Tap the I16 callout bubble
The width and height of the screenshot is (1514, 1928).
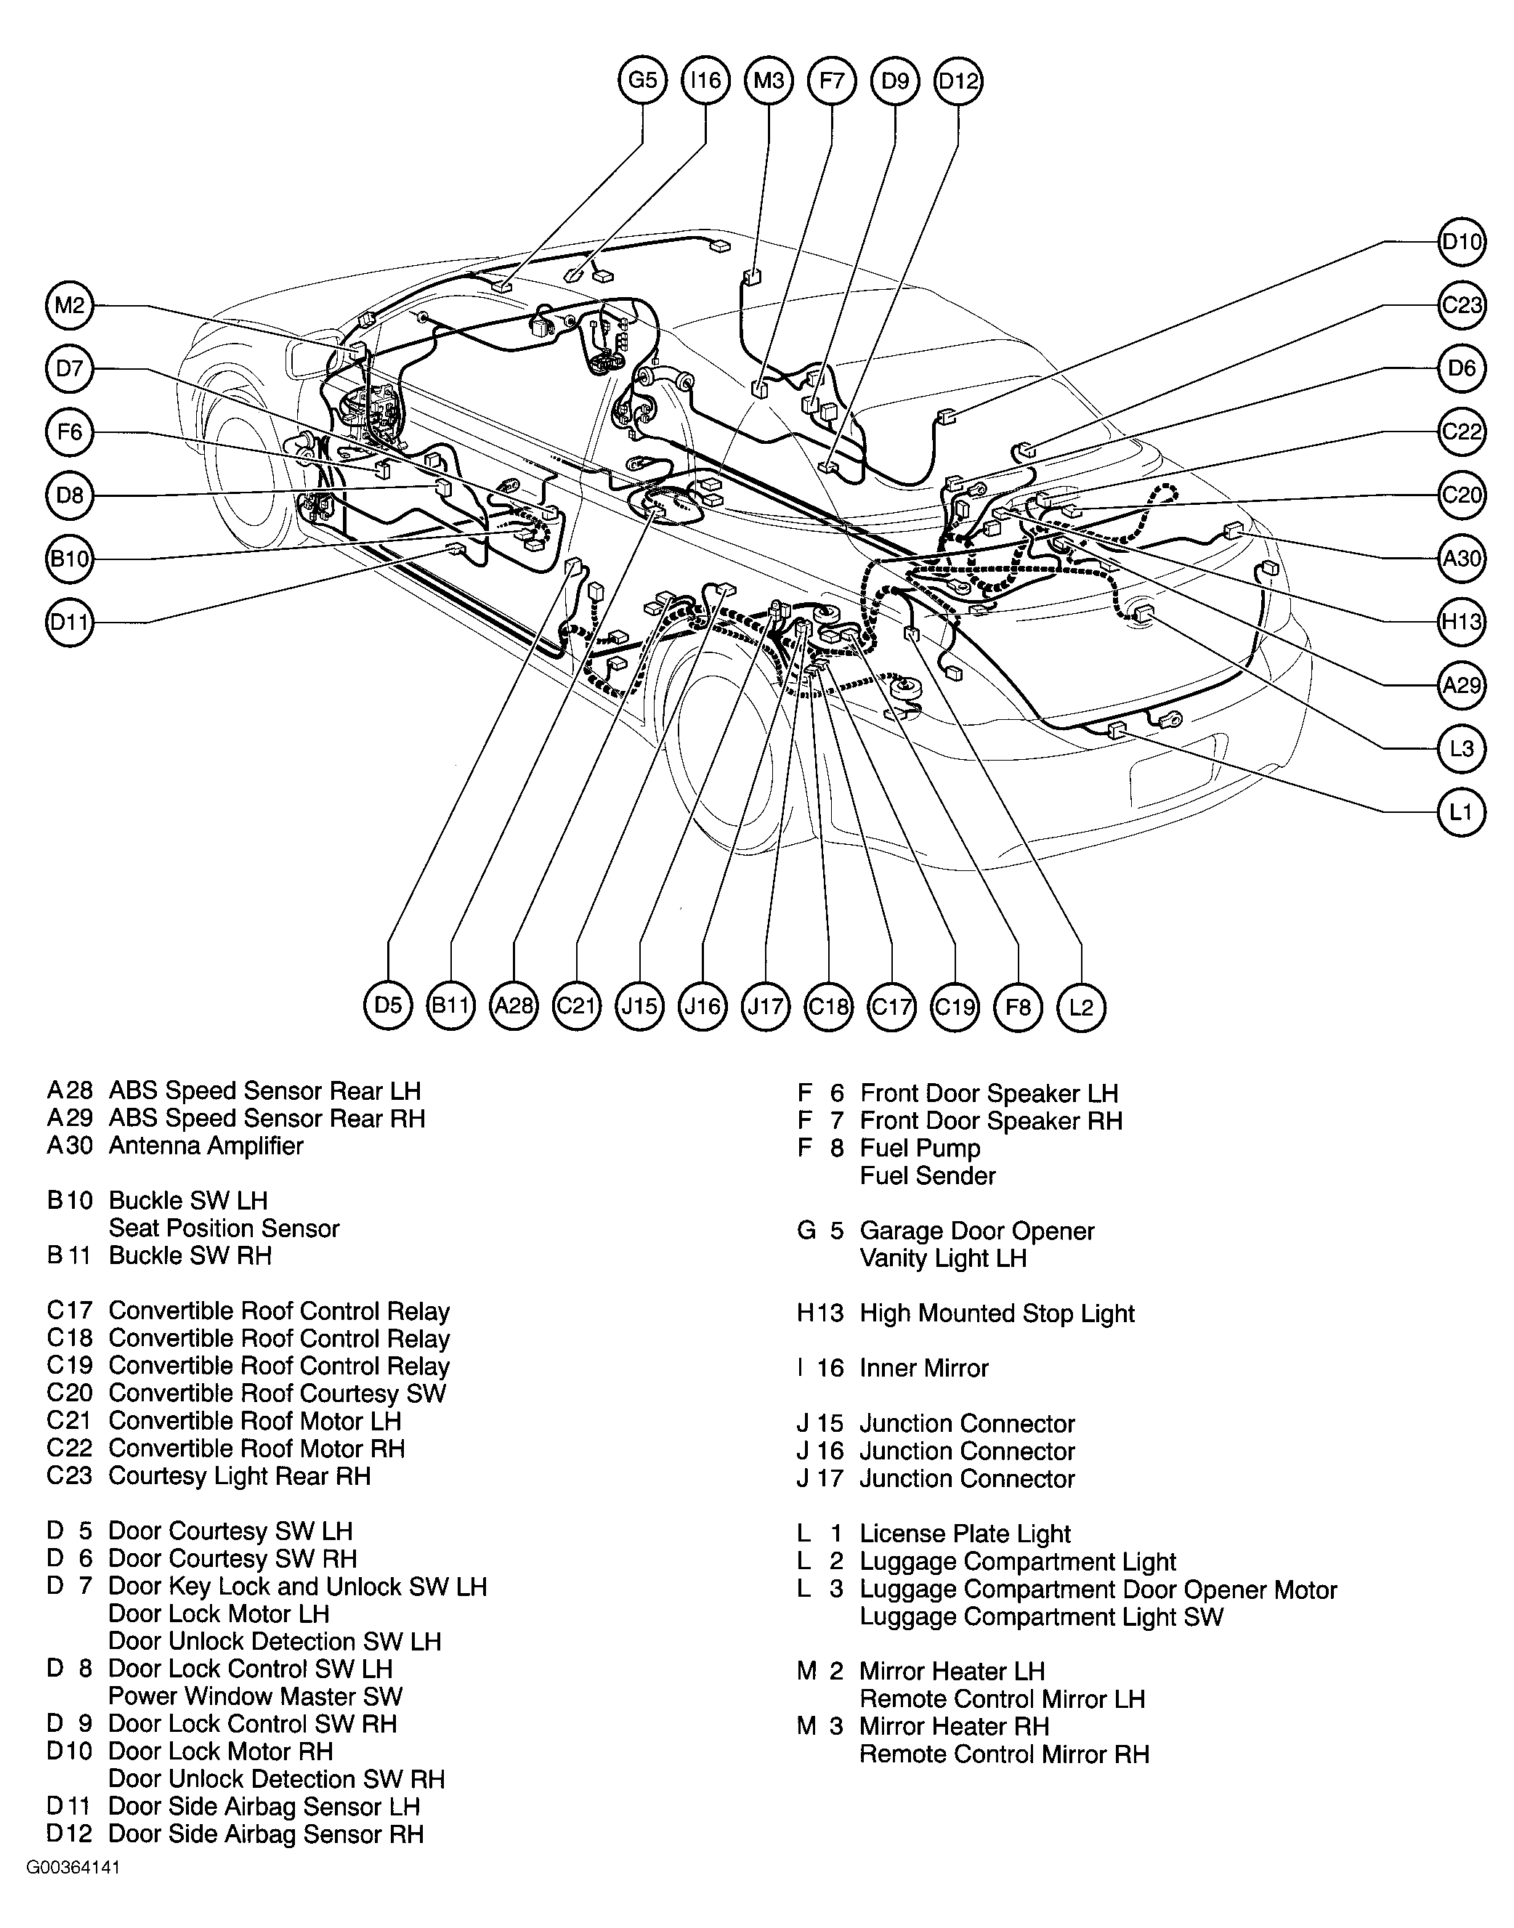(705, 81)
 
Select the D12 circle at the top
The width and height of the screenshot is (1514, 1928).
(958, 81)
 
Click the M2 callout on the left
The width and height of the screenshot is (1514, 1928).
(69, 306)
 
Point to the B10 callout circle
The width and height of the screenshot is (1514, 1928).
(69, 559)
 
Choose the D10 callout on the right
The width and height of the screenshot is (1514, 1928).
(1461, 241)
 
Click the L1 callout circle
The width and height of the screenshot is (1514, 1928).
(1461, 811)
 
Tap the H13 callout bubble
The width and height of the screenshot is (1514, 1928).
(1461, 621)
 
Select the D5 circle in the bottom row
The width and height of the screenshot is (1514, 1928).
(388, 1005)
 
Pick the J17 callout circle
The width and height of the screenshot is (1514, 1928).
(766, 1005)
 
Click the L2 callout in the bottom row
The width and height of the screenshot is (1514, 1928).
(1082, 1005)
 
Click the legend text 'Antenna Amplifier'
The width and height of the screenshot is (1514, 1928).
(206, 1146)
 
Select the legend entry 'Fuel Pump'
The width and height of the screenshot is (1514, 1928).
(920, 1149)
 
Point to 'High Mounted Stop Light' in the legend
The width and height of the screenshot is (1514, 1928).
(997, 1313)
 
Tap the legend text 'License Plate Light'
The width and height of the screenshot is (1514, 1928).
(966, 1534)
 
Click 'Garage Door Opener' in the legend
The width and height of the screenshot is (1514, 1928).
(977, 1231)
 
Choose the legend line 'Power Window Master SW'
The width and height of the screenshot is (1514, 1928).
(255, 1697)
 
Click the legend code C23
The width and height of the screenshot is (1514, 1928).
(69, 1476)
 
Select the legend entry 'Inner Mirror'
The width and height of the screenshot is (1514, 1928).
(923, 1369)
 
